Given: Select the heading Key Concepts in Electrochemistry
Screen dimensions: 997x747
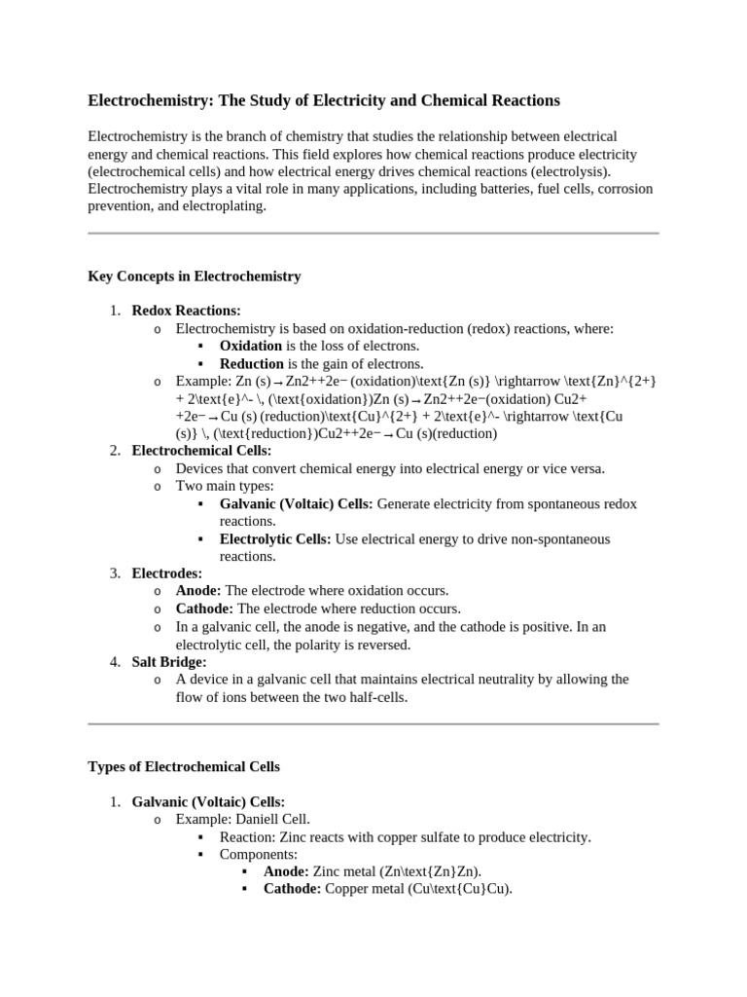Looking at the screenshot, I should pos(195,277).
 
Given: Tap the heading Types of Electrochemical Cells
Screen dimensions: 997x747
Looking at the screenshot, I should pos(184,767).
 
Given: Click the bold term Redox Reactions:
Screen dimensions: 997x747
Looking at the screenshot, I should pos(186,311).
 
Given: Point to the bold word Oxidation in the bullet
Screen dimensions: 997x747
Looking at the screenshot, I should pos(251,346).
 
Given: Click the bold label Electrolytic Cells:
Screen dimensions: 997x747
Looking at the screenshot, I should pos(275,538).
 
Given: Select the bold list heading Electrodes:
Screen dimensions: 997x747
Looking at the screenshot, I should pos(167,573).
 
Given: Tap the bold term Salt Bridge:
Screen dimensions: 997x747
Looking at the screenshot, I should pos(169,661).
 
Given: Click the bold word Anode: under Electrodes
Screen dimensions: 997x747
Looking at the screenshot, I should pos(198,591).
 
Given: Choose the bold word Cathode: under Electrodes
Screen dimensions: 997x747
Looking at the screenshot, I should pos(204,609).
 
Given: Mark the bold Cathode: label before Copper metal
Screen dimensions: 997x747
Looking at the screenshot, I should pos(292,889).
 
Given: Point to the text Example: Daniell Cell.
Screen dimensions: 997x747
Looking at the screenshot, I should pos(243,820).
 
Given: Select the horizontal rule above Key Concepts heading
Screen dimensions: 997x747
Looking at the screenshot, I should pos(373,234).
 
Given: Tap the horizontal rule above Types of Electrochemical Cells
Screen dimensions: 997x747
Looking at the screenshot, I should pos(373,724).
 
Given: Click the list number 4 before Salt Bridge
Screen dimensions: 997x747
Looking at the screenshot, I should pos(114,661).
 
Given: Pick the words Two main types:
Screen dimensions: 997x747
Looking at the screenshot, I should pos(225,486).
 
